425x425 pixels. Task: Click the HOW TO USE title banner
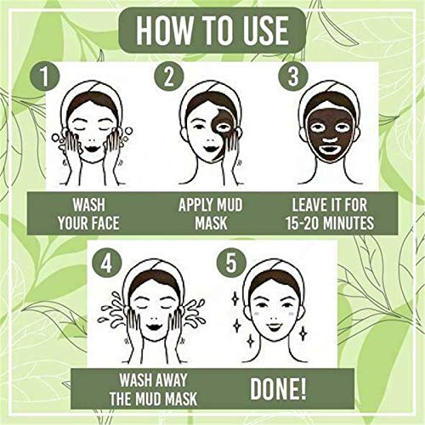coord(212,31)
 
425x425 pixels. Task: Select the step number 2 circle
coord(170,78)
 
